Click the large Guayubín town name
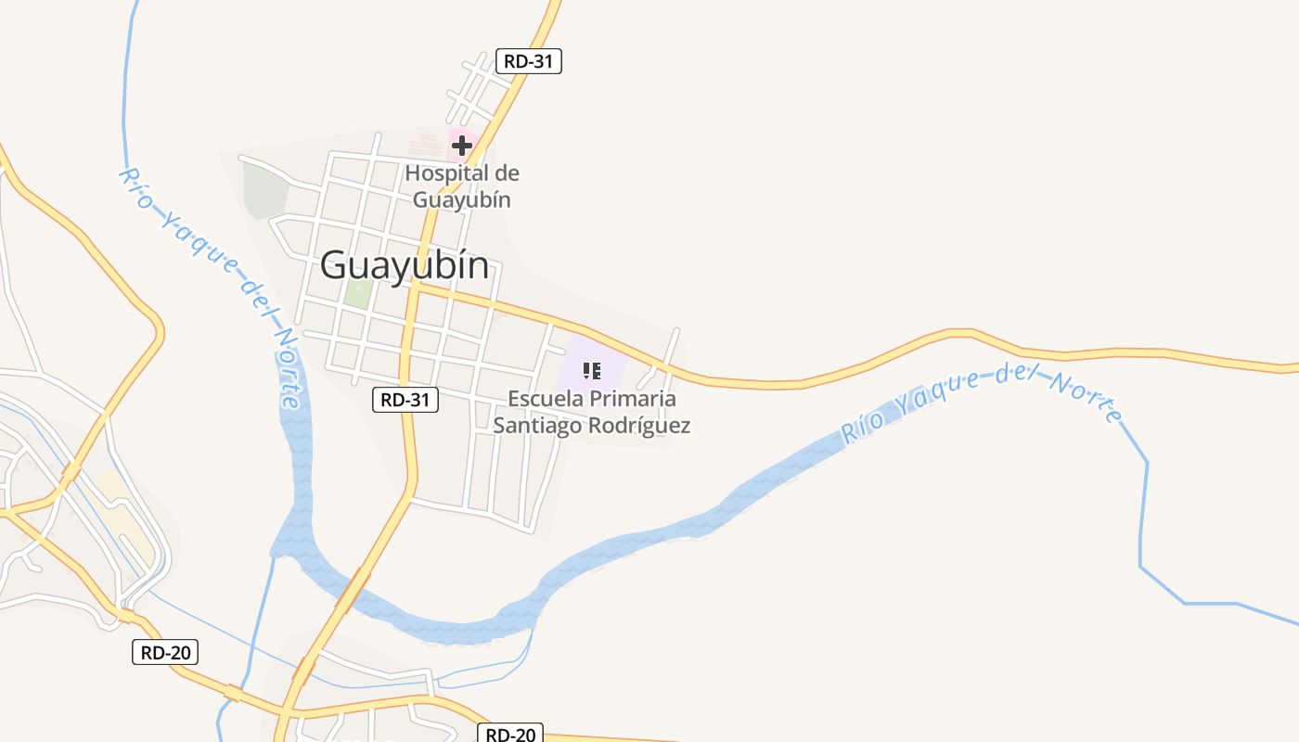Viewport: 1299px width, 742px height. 405,266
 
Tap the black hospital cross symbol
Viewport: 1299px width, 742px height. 461,145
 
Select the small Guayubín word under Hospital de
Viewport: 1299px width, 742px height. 461,199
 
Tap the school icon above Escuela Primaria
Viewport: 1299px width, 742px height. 591,371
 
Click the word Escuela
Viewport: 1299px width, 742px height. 543,399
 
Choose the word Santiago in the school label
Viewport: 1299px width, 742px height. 535,426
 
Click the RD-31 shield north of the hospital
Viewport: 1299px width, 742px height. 529,61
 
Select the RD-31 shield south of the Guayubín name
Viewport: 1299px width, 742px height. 405,400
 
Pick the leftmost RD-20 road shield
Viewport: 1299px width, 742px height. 165,652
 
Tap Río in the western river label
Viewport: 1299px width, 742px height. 135,185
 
